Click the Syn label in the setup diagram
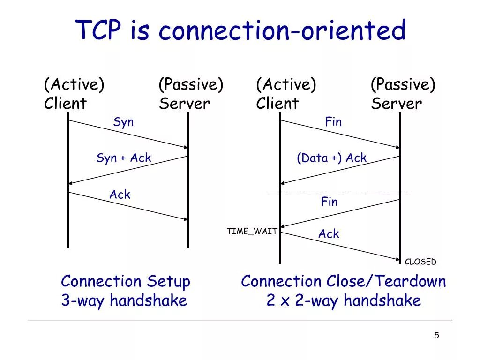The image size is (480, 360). (x=123, y=122)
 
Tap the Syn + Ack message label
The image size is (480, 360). (x=124, y=158)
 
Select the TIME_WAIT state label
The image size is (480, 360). (x=252, y=232)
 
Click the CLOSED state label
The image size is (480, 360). (x=420, y=262)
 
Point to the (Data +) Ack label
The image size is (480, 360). (x=331, y=158)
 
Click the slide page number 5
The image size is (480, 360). (x=436, y=335)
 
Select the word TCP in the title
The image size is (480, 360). (x=100, y=31)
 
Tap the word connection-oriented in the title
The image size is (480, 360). (x=282, y=31)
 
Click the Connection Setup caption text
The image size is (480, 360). (x=126, y=282)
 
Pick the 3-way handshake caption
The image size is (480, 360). (x=124, y=300)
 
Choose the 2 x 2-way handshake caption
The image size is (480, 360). (x=344, y=300)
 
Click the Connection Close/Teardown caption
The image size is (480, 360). (x=344, y=282)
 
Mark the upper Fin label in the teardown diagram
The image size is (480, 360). (x=333, y=122)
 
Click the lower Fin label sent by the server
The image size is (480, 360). (x=329, y=202)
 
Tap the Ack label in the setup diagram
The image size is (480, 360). (x=120, y=195)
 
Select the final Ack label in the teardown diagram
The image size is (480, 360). (x=329, y=234)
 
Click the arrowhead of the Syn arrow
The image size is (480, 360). (x=185, y=147)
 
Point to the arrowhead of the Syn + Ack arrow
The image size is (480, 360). (x=71, y=183)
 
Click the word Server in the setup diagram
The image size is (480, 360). (x=184, y=104)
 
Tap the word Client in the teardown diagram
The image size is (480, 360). (x=277, y=104)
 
